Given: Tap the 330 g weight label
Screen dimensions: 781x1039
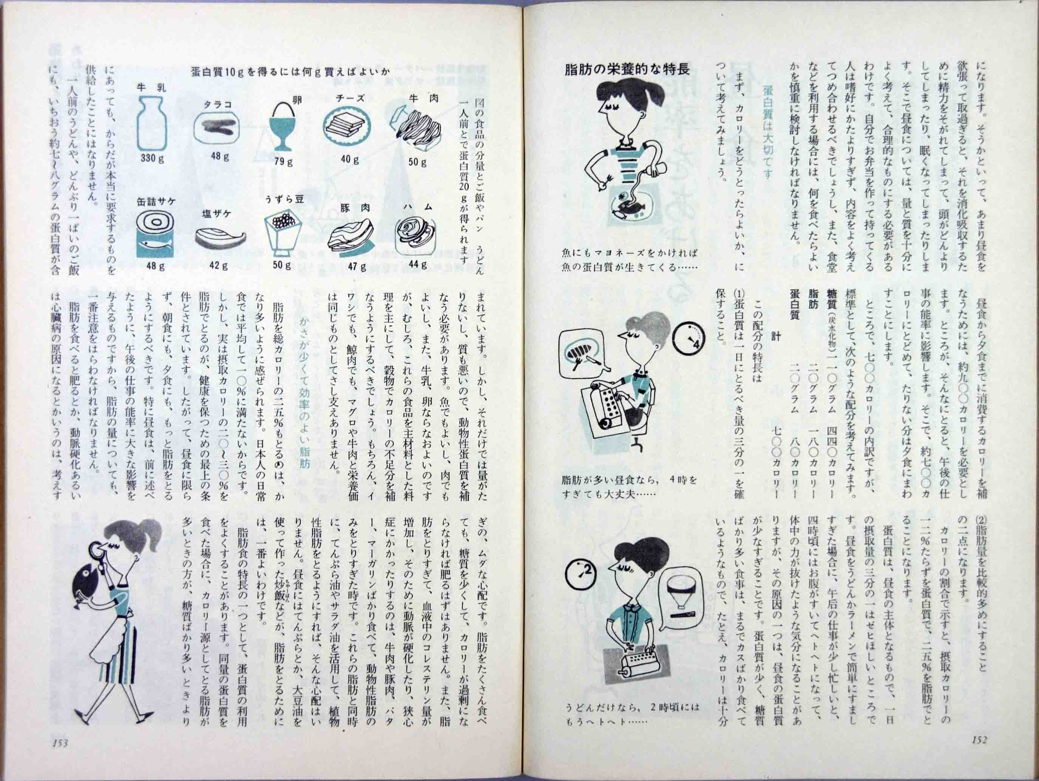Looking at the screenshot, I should (153, 158).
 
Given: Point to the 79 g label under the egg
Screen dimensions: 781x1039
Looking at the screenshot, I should (283, 162).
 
